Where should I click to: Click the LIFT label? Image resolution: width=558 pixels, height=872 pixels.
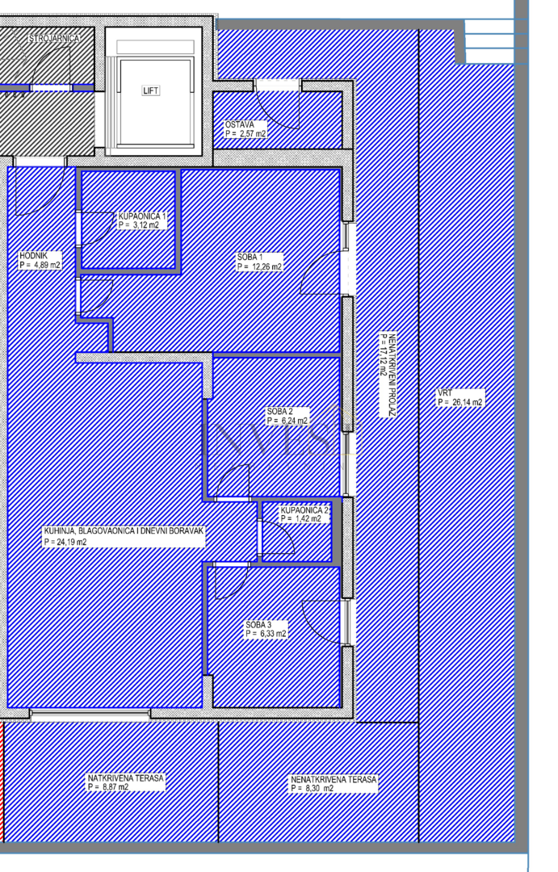[150, 90]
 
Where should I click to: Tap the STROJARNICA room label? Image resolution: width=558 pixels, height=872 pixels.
[55, 38]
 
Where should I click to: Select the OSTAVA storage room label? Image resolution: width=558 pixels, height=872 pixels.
[239, 125]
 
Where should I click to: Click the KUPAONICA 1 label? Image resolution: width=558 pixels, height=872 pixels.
[142, 216]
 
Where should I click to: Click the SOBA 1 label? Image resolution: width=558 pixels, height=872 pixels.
[250, 258]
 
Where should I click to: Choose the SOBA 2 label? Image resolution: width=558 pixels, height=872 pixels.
[280, 411]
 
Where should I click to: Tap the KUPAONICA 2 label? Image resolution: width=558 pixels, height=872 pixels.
[304, 510]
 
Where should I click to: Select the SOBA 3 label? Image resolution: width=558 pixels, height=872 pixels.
[259, 625]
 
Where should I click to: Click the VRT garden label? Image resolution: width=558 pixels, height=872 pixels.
[444, 392]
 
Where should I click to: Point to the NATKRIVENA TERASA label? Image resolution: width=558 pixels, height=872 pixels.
[125, 778]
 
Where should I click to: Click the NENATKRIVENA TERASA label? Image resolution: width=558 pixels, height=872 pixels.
[334, 779]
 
